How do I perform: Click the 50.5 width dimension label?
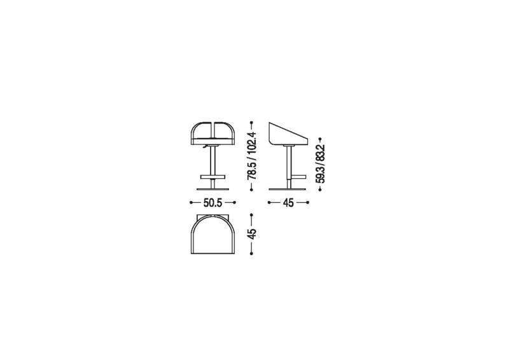[x=213, y=203]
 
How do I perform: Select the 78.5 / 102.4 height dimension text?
[x=252, y=156]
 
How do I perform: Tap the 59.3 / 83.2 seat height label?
[x=320, y=164]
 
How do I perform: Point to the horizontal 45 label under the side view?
[x=288, y=203]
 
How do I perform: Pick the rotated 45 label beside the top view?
[x=252, y=233]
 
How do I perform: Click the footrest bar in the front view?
[x=213, y=177]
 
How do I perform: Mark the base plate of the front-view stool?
[x=213, y=190]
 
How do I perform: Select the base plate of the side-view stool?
[x=288, y=190]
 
